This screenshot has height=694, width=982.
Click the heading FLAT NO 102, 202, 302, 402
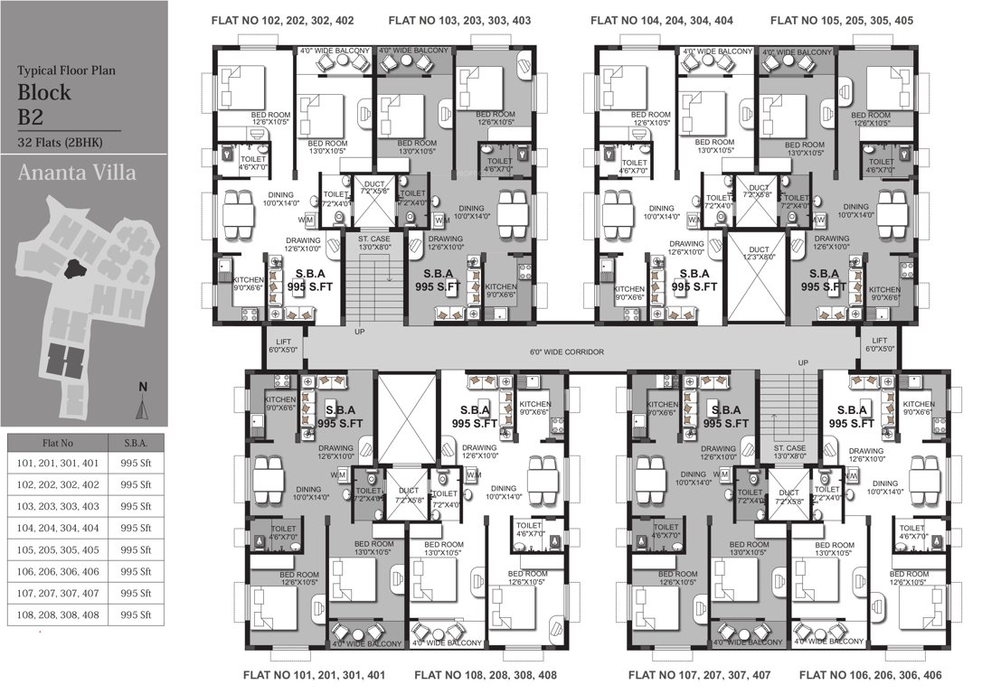[282, 20]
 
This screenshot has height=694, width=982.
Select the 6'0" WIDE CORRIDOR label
[566, 352]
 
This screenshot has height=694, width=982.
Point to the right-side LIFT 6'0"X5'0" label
[879, 343]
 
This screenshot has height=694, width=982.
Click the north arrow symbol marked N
[142, 402]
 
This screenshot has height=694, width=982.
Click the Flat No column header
[54, 444]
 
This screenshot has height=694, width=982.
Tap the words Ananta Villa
[77, 172]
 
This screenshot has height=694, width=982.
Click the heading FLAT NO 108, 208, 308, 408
[485, 675]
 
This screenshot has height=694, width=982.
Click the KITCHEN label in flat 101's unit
[279, 402]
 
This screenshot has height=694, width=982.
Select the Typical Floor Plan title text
[67, 69]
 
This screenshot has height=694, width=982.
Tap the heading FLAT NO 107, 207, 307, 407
[699, 675]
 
